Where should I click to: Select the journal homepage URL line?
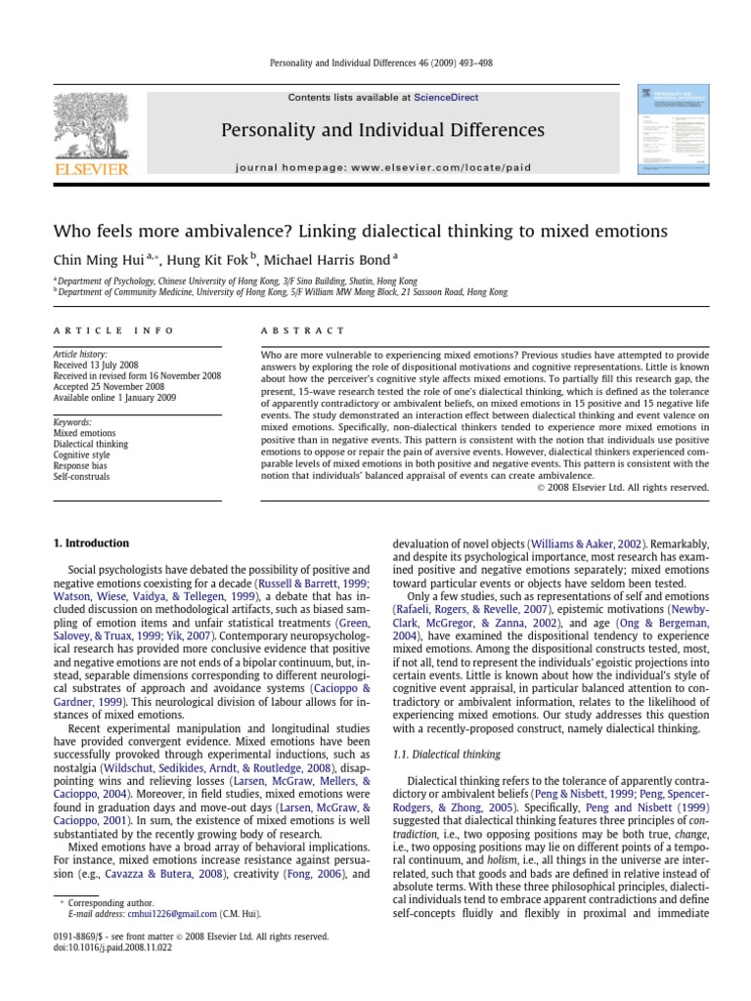[x=383, y=167]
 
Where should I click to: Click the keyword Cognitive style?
[x=81, y=455]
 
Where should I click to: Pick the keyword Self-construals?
[x=81, y=476]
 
